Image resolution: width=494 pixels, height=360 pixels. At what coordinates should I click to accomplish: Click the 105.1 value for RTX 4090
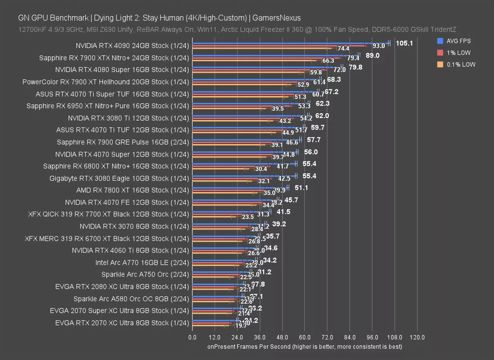point(404,43)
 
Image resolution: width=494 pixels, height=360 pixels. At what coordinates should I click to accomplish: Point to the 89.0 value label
point(372,55)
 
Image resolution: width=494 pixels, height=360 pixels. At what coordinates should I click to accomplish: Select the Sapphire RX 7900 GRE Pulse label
point(122,142)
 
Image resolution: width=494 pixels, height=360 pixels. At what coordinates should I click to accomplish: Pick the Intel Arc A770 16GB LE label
point(142,262)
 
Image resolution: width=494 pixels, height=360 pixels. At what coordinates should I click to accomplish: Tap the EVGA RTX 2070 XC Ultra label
point(122,323)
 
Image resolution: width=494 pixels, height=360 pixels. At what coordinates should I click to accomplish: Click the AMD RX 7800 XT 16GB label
point(133,190)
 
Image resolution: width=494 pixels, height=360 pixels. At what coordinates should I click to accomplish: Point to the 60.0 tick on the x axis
point(304,337)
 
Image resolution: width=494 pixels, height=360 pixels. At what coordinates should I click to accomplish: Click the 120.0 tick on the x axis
point(417,337)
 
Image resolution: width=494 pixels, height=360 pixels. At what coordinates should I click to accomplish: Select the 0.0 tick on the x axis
point(193,337)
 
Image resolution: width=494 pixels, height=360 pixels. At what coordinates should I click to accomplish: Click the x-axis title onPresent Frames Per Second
point(305,346)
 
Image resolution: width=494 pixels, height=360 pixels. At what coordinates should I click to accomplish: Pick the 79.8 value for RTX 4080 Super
point(355,67)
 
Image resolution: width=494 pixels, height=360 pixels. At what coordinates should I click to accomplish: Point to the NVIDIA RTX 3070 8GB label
point(134,226)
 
